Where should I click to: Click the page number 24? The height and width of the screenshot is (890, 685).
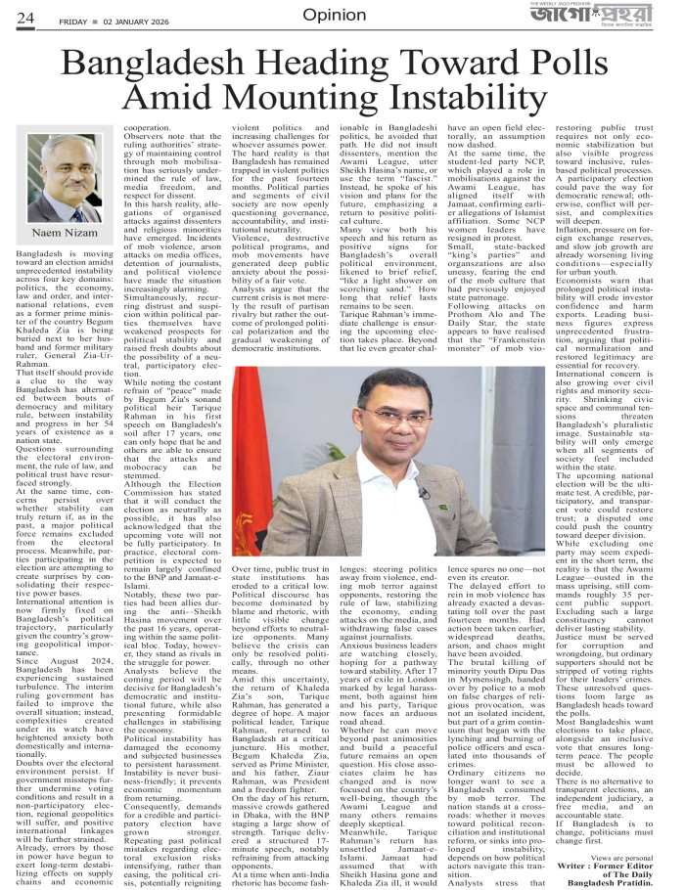[24, 17]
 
